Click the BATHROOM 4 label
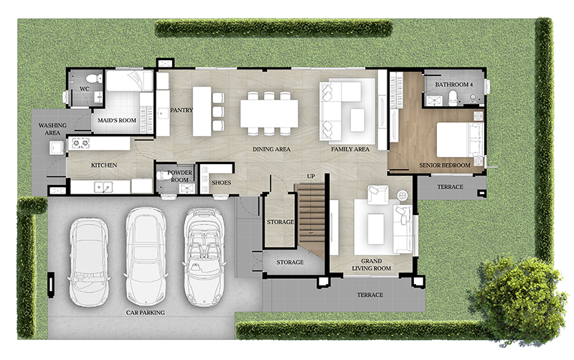point(453,85)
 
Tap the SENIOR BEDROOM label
point(444,166)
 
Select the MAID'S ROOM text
point(117,120)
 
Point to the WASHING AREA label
point(52,129)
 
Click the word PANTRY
point(182,110)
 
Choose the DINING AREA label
point(271,149)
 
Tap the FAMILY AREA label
point(350,149)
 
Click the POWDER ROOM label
point(179,176)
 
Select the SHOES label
point(221,183)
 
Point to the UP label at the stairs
point(311,176)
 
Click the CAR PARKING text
point(146,313)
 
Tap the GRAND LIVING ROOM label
point(371,265)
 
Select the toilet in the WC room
point(94,78)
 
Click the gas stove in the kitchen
point(80,143)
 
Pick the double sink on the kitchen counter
point(103,187)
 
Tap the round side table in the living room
point(402,195)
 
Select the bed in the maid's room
point(129,81)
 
